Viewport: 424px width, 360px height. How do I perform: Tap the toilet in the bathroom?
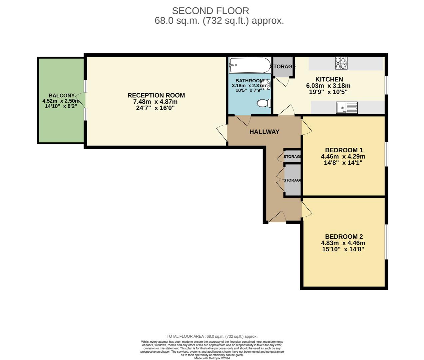264,103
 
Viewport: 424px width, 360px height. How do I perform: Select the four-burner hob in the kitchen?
341,63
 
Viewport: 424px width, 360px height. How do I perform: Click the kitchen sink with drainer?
347,108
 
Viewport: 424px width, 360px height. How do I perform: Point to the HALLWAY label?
264,132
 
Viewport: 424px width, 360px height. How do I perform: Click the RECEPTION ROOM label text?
156,95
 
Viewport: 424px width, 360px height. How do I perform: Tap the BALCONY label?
62,96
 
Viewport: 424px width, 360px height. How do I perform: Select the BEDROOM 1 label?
344,150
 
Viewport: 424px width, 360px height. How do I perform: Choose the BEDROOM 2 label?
344,237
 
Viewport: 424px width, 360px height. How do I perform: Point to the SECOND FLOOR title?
211,11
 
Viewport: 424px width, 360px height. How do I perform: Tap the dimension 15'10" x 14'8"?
343,249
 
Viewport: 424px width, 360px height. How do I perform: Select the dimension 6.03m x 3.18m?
328,86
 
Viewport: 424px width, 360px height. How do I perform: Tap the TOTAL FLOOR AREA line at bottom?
212,336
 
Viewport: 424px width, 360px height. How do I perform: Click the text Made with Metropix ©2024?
212,358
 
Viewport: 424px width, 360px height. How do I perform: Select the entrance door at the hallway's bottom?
277,217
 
